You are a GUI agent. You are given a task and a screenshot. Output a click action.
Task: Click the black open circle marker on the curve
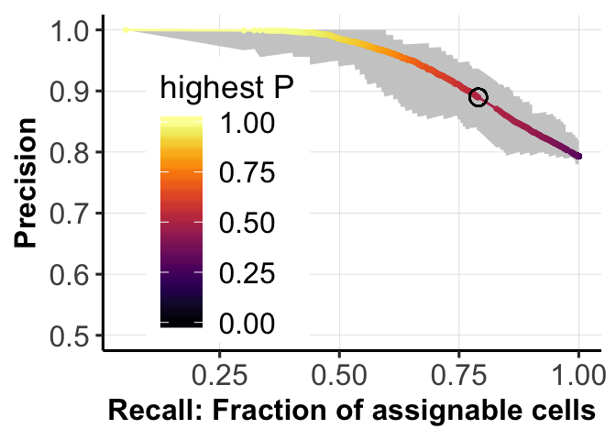tap(478, 97)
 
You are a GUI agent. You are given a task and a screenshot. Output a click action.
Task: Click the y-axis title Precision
tap(27, 183)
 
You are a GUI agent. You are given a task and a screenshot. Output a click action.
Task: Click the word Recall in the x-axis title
tap(142, 411)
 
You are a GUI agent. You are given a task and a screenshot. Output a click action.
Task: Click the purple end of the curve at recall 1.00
tap(578, 157)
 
